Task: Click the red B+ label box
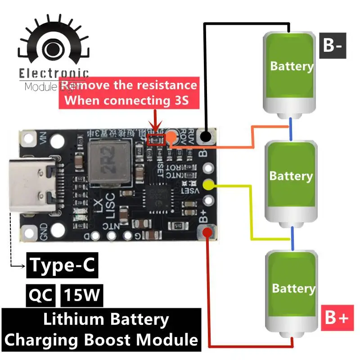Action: tap(335, 318)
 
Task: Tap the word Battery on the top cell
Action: tap(291, 66)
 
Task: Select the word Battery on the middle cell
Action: tap(291, 175)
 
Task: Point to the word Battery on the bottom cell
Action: tap(293, 288)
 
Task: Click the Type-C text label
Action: tap(63, 265)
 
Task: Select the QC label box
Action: tap(40, 295)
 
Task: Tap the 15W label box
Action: tap(82, 295)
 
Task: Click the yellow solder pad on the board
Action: tap(208, 184)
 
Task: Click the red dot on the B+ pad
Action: tap(207, 233)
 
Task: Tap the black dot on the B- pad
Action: tap(206, 135)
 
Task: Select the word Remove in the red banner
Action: tap(85, 85)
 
